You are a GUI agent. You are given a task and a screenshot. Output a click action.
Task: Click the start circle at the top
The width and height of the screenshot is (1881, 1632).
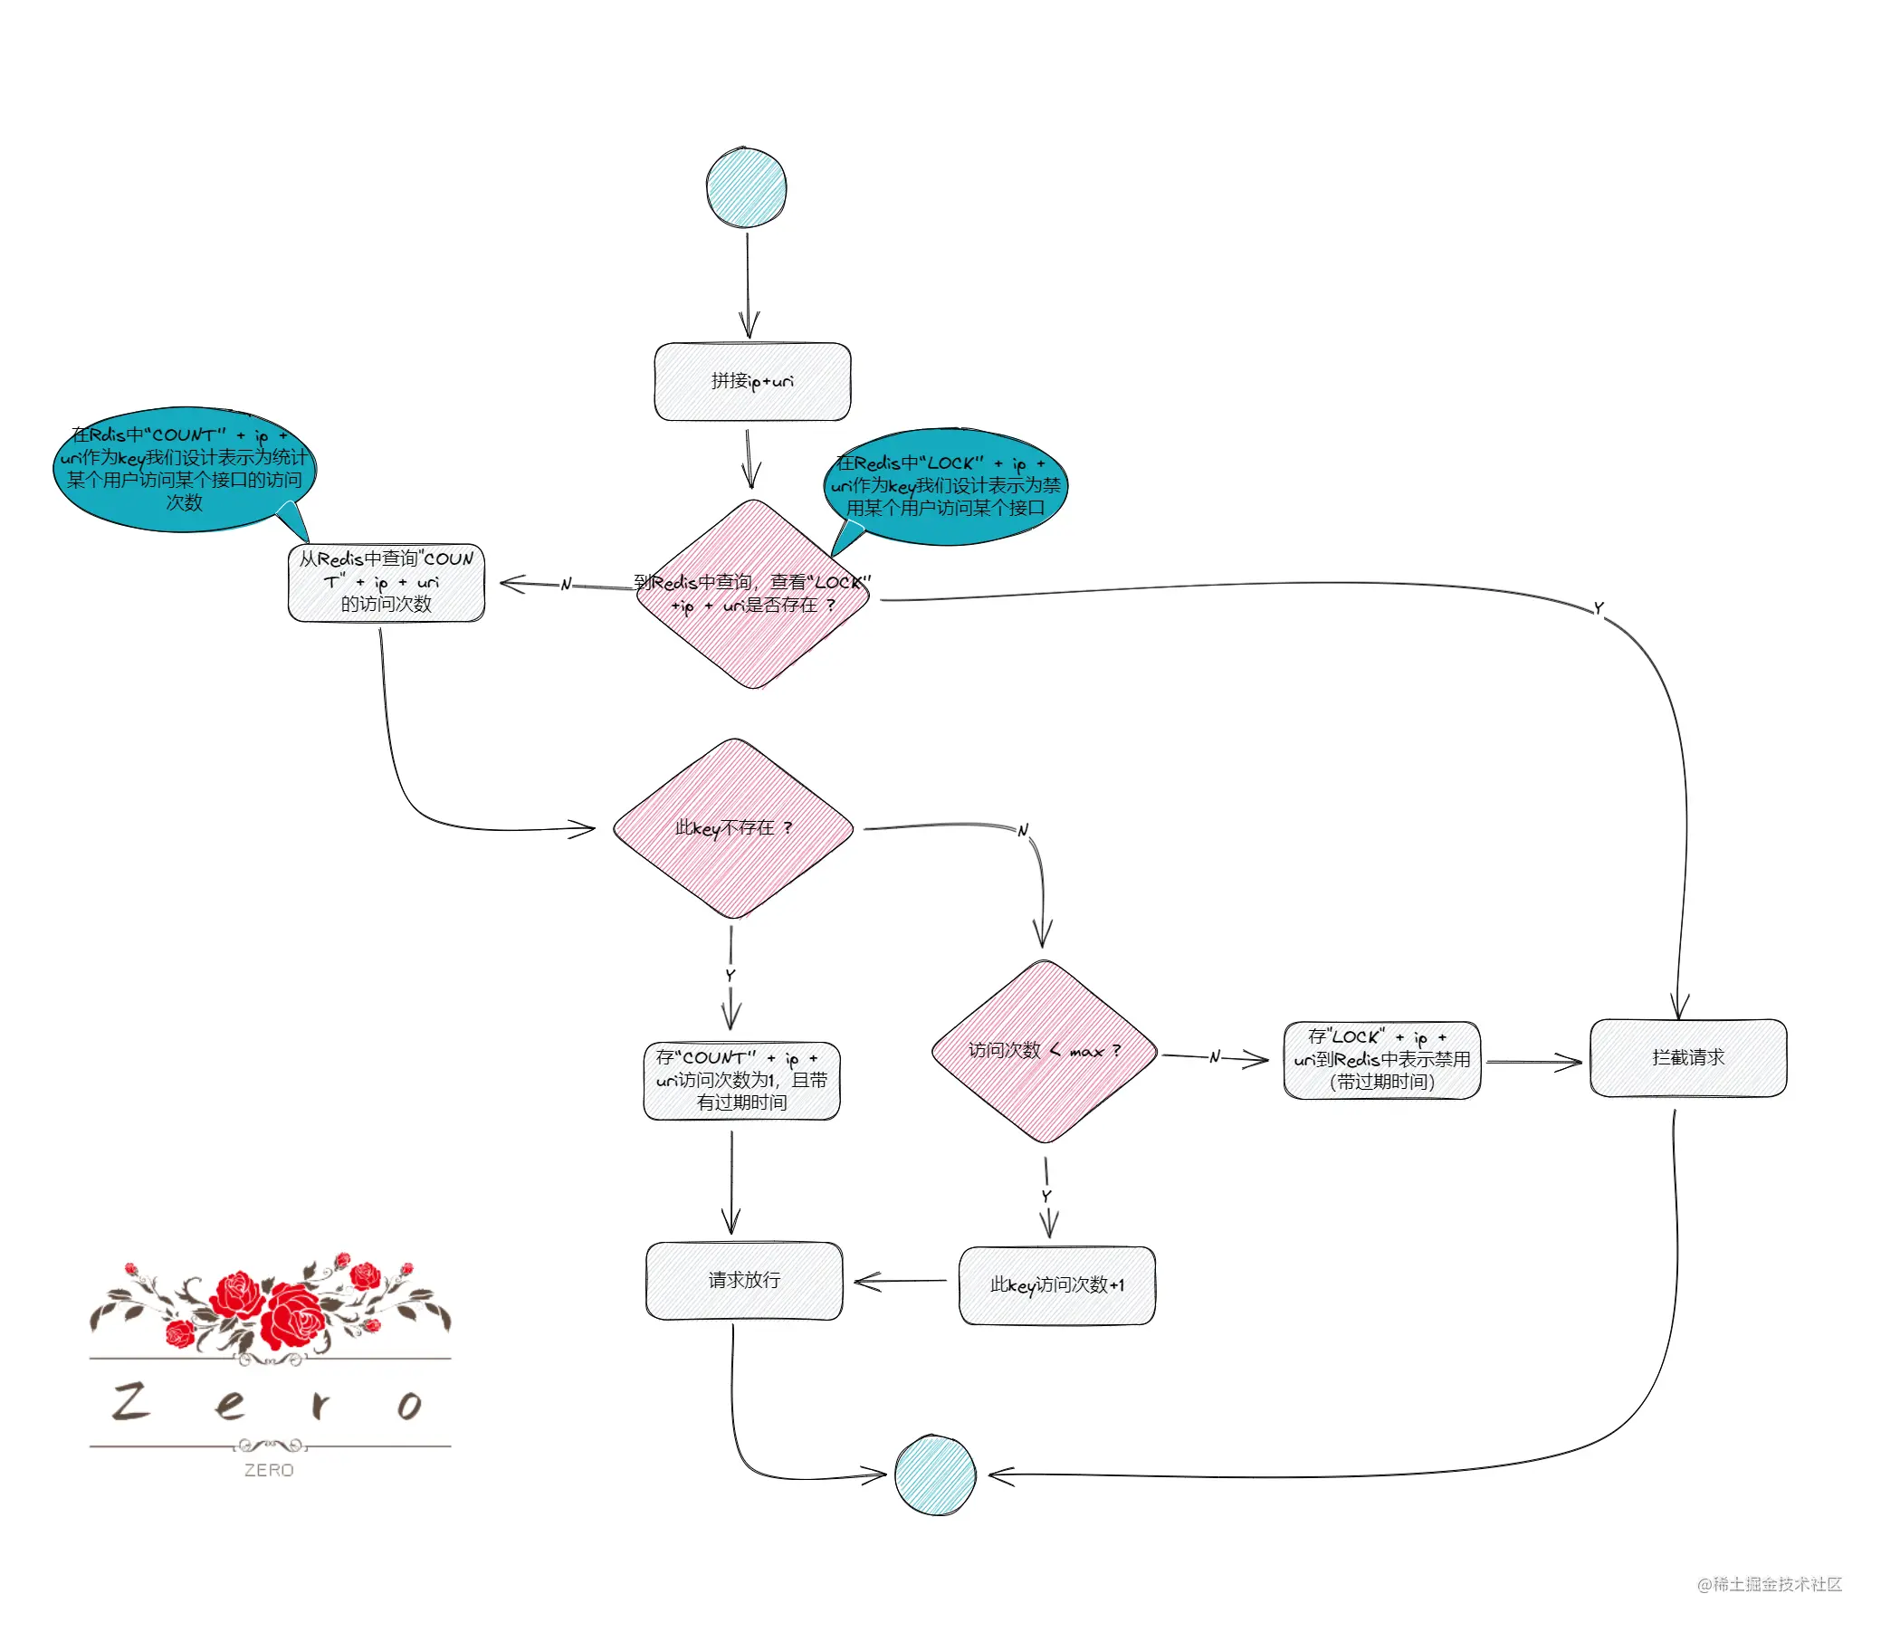point(746,186)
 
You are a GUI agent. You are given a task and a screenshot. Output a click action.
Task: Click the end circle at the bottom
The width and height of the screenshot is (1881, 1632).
point(934,1475)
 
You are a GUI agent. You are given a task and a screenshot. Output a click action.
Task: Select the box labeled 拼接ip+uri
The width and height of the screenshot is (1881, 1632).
point(752,382)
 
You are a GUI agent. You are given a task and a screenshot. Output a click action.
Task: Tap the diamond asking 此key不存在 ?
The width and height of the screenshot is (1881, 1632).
point(733,828)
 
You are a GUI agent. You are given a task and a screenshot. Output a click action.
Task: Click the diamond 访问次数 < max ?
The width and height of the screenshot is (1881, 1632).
point(1044,1051)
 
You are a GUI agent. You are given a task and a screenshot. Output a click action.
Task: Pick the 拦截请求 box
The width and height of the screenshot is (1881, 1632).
point(1688,1057)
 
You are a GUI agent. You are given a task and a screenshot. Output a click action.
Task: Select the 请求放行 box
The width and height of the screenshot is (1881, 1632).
point(744,1281)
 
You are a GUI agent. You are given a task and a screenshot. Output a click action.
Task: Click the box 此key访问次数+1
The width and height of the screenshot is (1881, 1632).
point(1056,1285)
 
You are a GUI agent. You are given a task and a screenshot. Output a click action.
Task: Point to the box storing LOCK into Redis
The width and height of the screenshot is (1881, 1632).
point(1382,1060)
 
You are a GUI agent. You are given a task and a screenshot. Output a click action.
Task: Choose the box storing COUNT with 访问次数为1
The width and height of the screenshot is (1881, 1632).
point(741,1080)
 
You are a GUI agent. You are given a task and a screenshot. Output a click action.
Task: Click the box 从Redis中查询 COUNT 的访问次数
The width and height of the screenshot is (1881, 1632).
point(387,582)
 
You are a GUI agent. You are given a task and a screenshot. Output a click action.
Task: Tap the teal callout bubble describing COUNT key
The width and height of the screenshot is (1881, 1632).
point(184,468)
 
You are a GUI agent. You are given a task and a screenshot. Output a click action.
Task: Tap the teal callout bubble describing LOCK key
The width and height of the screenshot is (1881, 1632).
point(945,486)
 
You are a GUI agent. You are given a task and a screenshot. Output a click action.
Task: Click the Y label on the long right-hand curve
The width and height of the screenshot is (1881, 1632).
point(1599,608)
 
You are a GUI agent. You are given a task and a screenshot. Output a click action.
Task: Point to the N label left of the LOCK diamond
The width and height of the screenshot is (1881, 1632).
point(566,584)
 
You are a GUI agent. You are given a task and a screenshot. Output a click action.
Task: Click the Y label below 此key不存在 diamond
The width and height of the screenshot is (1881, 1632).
point(730,975)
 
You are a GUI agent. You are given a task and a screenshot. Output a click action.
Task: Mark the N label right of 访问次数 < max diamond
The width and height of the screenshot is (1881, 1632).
point(1214,1056)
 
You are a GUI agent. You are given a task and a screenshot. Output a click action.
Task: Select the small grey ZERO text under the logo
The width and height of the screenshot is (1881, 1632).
point(269,1470)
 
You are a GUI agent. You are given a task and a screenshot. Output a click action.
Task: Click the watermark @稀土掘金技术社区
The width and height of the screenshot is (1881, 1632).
point(1769,1584)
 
